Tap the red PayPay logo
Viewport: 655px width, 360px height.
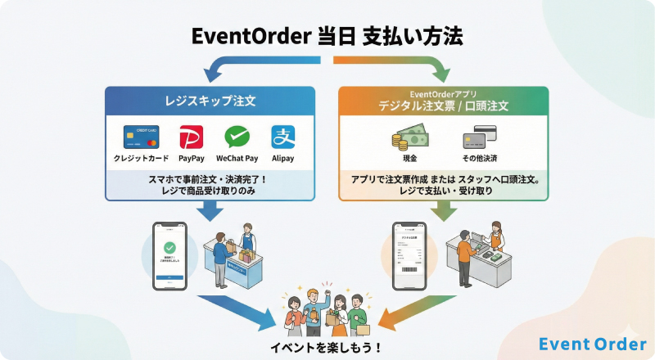coord(191,137)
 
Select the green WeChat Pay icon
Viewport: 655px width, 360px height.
coord(237,137)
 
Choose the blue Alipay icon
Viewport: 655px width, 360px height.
coord(283,137)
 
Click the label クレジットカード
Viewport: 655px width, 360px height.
coord(141,158)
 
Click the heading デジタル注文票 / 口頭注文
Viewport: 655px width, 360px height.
coord(443,106)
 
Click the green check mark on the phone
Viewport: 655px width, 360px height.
coord(170,246)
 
